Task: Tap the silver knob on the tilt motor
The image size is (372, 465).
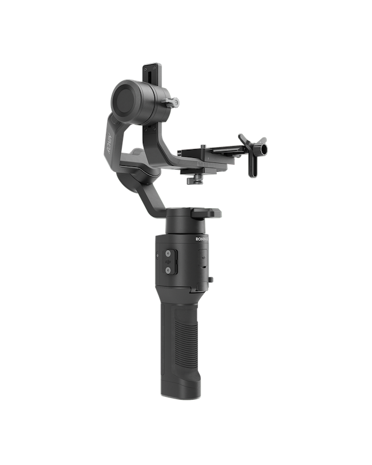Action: pos(175,102)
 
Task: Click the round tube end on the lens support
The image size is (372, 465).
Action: pos(260,150)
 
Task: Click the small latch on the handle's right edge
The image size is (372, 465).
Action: pos(211,279)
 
